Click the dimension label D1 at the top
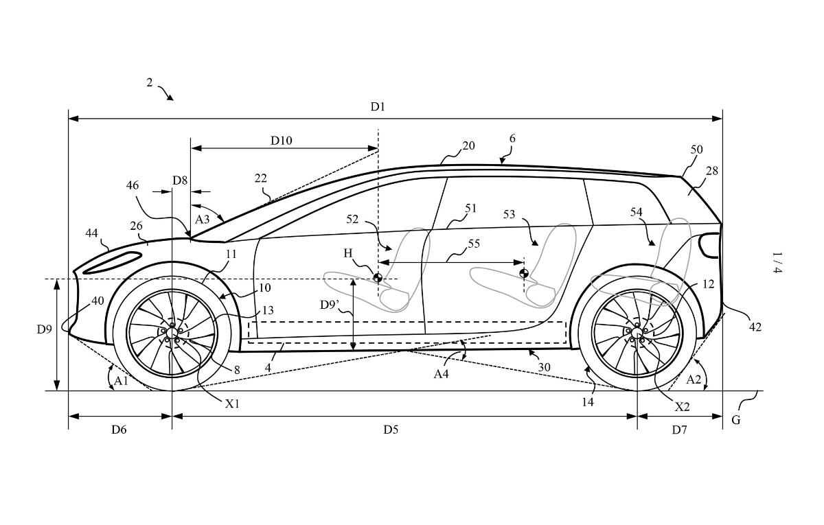coord(378,106)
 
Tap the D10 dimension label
coord(281,141)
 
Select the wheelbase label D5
coord(391,430)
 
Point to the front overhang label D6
coord(119,430)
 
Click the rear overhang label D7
coord(679,430)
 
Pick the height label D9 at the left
coord(44,329)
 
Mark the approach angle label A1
coord(122,380)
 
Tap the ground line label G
coord(735,420)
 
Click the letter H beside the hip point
coord(348,254)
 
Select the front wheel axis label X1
coord(233,404)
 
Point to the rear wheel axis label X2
coord(681,406)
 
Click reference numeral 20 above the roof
coord(468,145)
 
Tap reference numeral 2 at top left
coord(149,83)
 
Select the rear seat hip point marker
coord(524,274)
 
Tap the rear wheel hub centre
coord(637,333)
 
